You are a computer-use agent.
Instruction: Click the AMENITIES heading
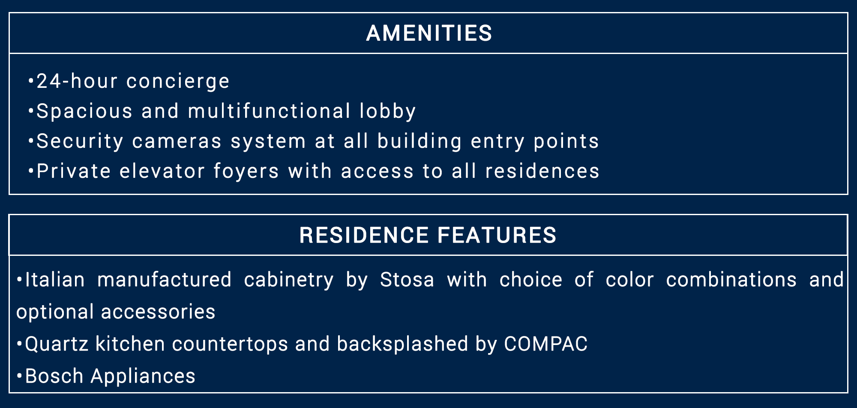pos(429,33)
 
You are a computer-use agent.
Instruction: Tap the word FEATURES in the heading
pos(497,235)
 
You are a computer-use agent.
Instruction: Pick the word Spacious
pos(84,112)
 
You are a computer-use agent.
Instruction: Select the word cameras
pos(177,142)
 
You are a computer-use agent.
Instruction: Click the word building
pos(420,142)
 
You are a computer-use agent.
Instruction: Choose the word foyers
pos(246,172)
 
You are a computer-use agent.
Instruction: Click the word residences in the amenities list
pos(542,171)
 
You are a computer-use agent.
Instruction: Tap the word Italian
pos(55,279)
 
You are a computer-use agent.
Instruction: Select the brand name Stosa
pos(407,280)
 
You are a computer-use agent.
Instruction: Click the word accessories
pos(158,312)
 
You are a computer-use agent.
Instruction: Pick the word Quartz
pos(56,344)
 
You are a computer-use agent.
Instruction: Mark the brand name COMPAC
pos(545,344)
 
